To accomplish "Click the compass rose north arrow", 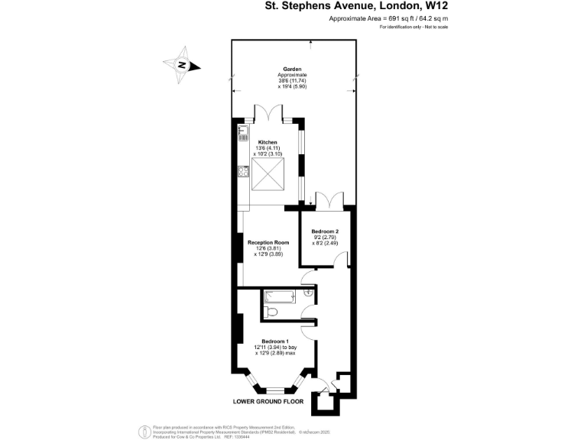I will coord(183,66).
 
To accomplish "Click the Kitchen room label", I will coord(268,142).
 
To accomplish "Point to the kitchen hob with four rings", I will coord(244,172).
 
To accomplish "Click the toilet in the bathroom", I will coord(274,311).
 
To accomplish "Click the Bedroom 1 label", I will coord(275,341).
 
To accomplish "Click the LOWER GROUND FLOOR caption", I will coord(269,400).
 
